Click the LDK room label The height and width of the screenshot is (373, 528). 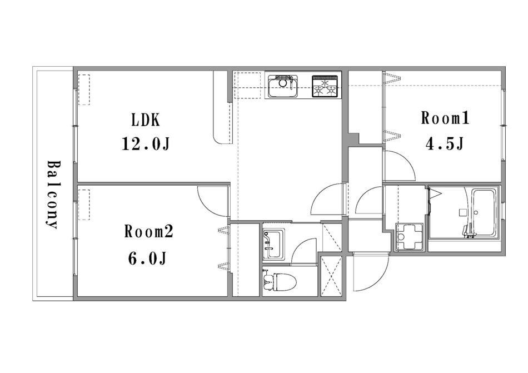coord(146,120)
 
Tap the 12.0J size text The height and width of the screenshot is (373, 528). coord(145,144)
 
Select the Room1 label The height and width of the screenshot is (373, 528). coord(445,118)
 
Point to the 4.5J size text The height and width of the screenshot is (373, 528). coord(445,144)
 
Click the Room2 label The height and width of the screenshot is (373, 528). coord(148,232)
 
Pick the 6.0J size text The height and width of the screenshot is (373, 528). coord(147,258)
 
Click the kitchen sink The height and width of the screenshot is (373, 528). coord(283,87)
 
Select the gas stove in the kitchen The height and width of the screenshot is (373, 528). coord(325,87)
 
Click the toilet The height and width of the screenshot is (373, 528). coord(279,281)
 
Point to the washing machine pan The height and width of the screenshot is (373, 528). coord(410,237)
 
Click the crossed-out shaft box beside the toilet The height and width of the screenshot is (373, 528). coord(331,276)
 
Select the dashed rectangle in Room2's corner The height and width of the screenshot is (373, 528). coord(84,205)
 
